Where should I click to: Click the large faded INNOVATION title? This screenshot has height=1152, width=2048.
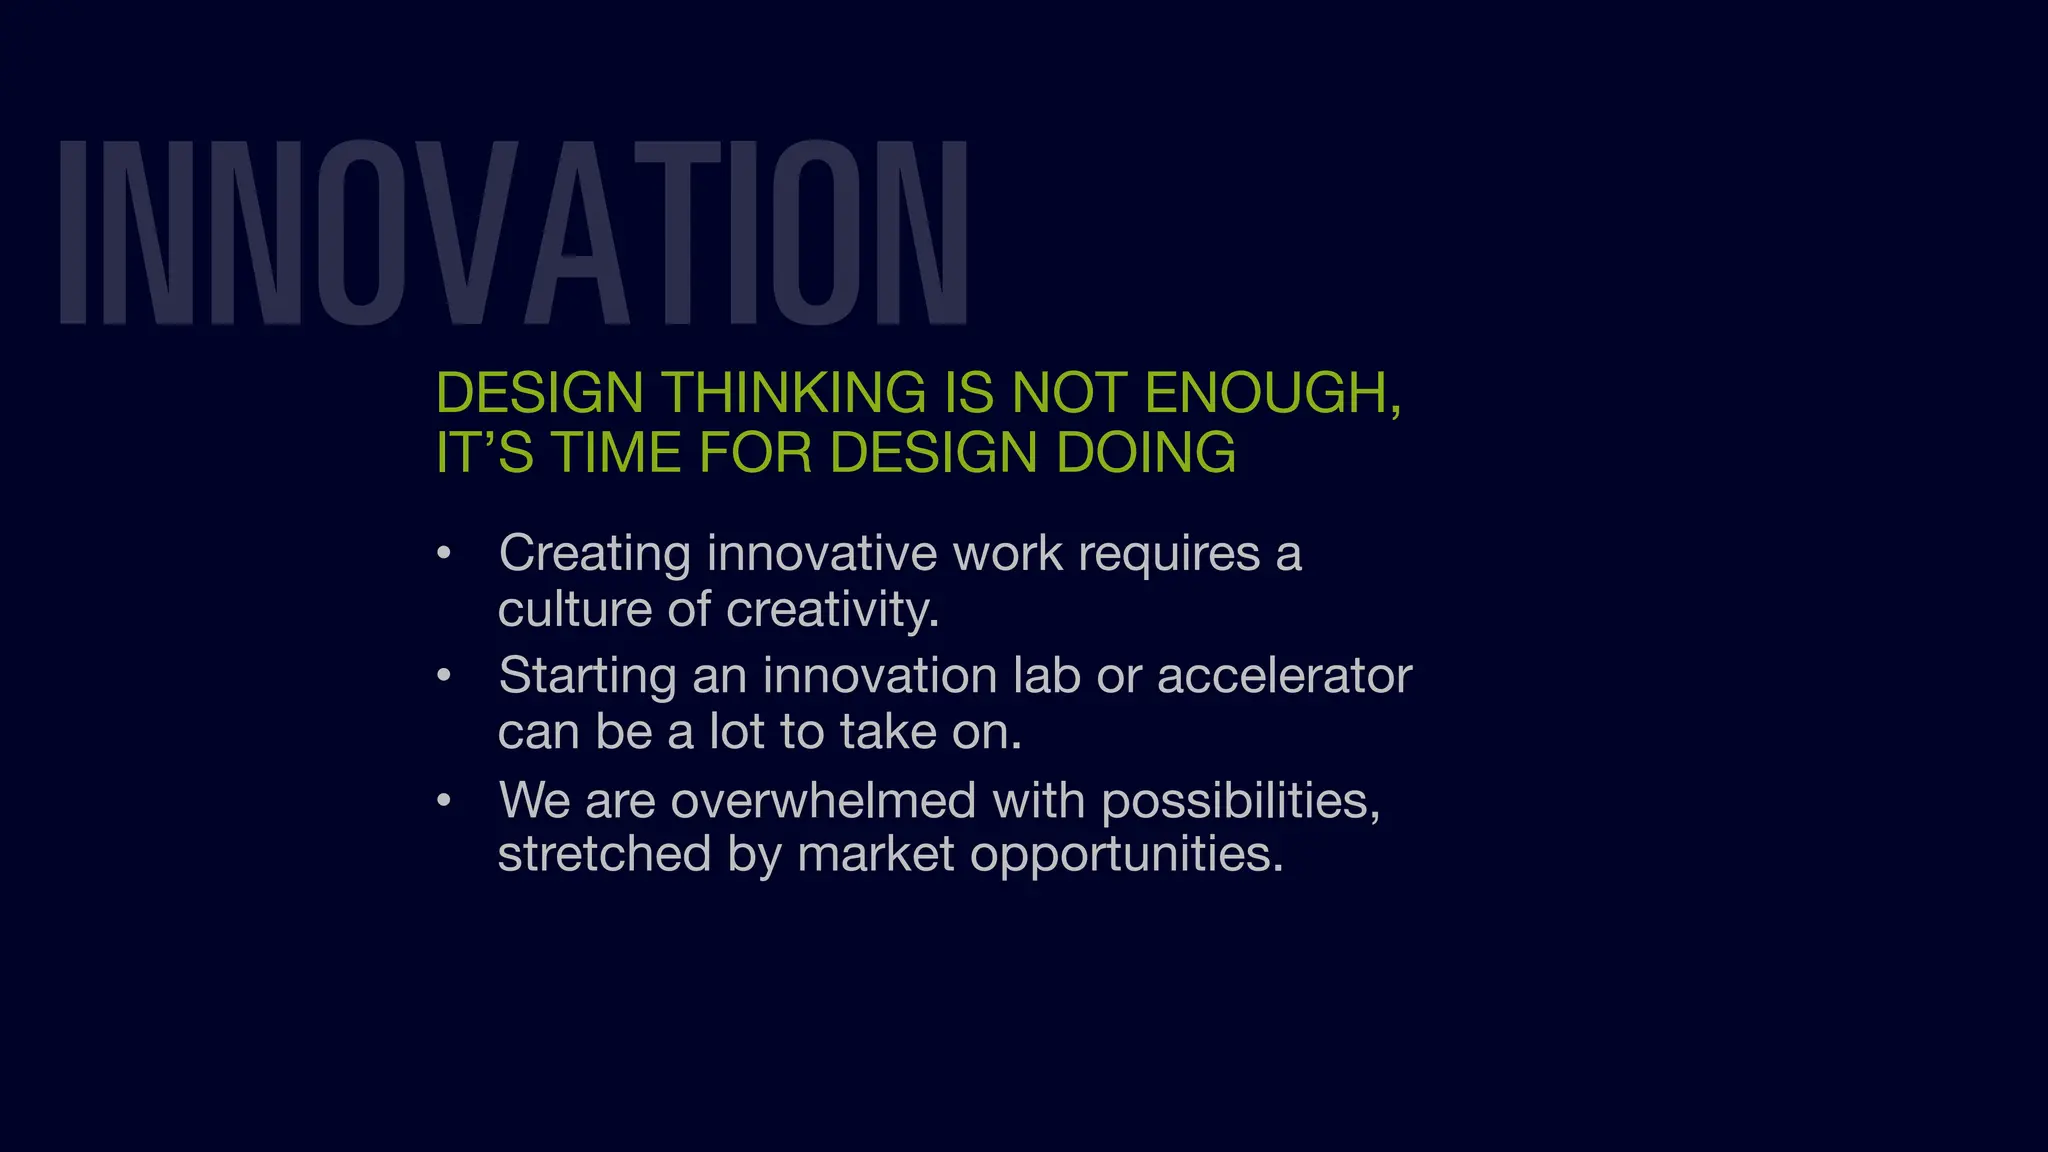(513, 232)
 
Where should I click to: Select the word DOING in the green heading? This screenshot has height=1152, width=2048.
(1146, 453)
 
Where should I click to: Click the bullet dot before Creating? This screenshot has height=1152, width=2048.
(444, 553)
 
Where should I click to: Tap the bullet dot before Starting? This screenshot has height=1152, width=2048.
(444, 676)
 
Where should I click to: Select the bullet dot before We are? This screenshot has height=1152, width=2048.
(444, 800)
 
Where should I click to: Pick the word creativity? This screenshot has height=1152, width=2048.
(832, 609)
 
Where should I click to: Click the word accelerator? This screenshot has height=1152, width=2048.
(1284, 676)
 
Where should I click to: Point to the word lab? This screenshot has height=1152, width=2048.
(1047, 676)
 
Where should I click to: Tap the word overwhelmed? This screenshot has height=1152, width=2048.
(823, 800)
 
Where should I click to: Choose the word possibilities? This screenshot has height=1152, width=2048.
(1240, 800)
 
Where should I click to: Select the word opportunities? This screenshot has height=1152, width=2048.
(1126, 854)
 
